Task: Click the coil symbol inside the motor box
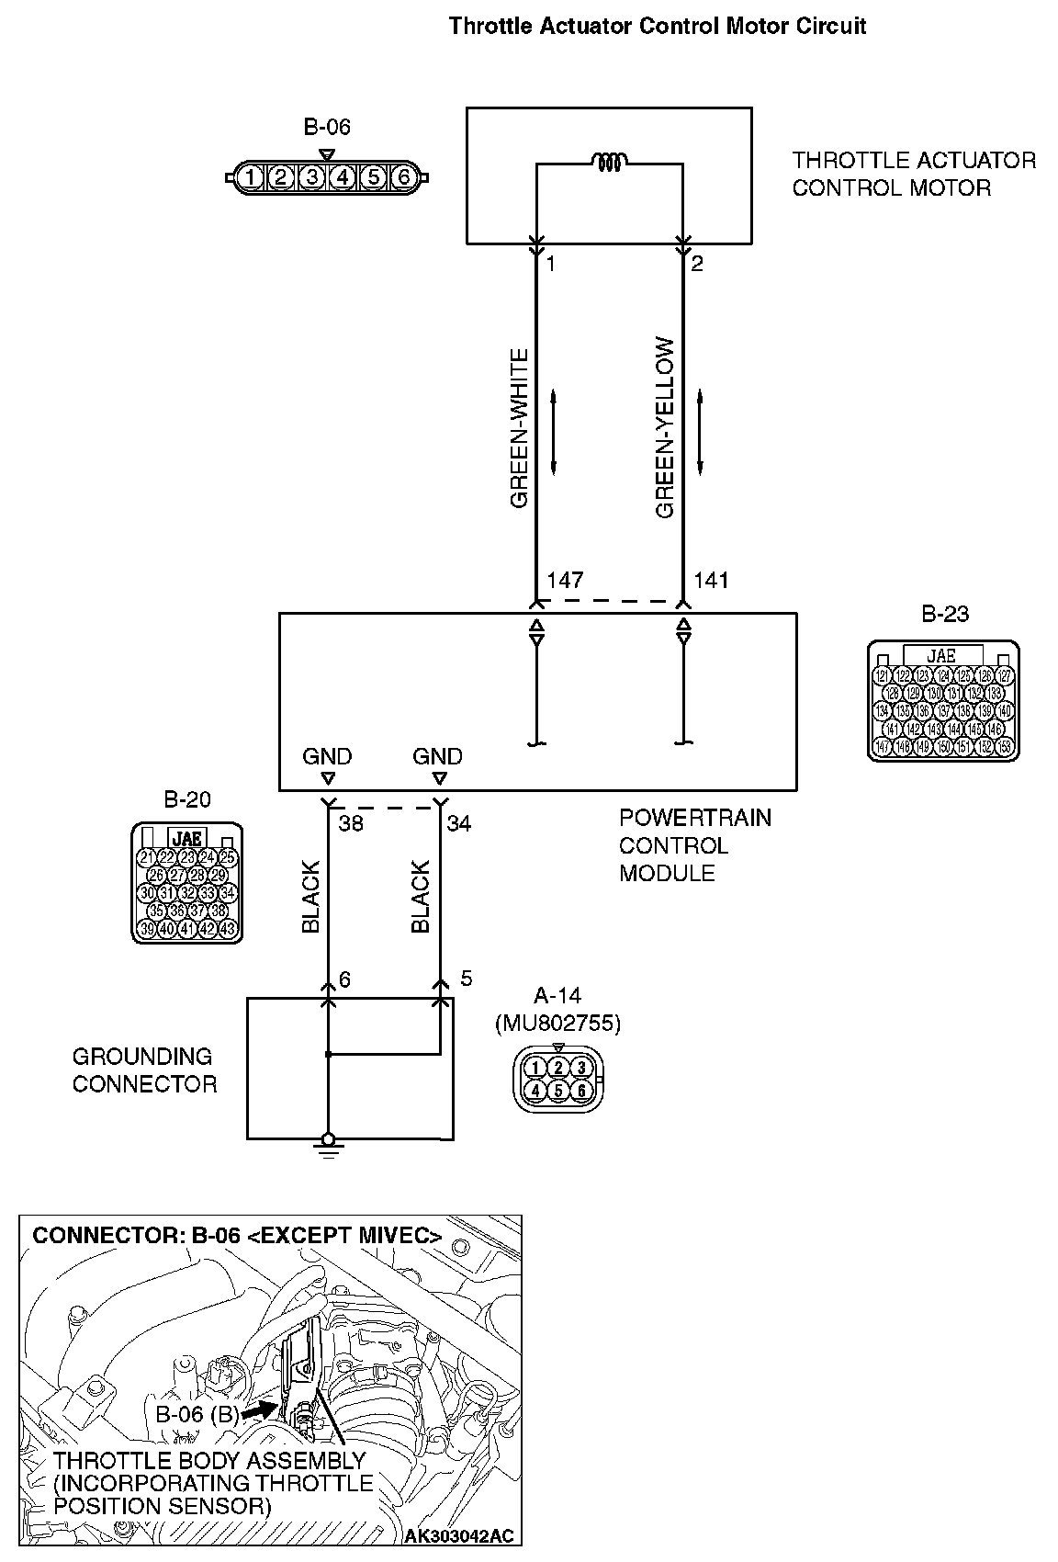click(610, 163)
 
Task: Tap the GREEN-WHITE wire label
click(520, 428)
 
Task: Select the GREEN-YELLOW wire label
click(665, 428)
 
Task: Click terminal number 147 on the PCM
click(565, 580)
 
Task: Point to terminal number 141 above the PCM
click(711, 580)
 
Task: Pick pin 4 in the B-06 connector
click(342, 176)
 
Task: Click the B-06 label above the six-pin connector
click(327, 127)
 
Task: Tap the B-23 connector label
click(945, 614)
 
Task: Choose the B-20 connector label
click(187, 799)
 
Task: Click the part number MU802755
click(557, 1023)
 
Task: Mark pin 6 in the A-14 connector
click(581, 1091)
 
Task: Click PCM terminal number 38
click(351, 823)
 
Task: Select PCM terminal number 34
click(459, 823)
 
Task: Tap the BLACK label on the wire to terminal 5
click(421, 897)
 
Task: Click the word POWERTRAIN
click(695, 818)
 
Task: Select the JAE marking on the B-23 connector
click(941, 656)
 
